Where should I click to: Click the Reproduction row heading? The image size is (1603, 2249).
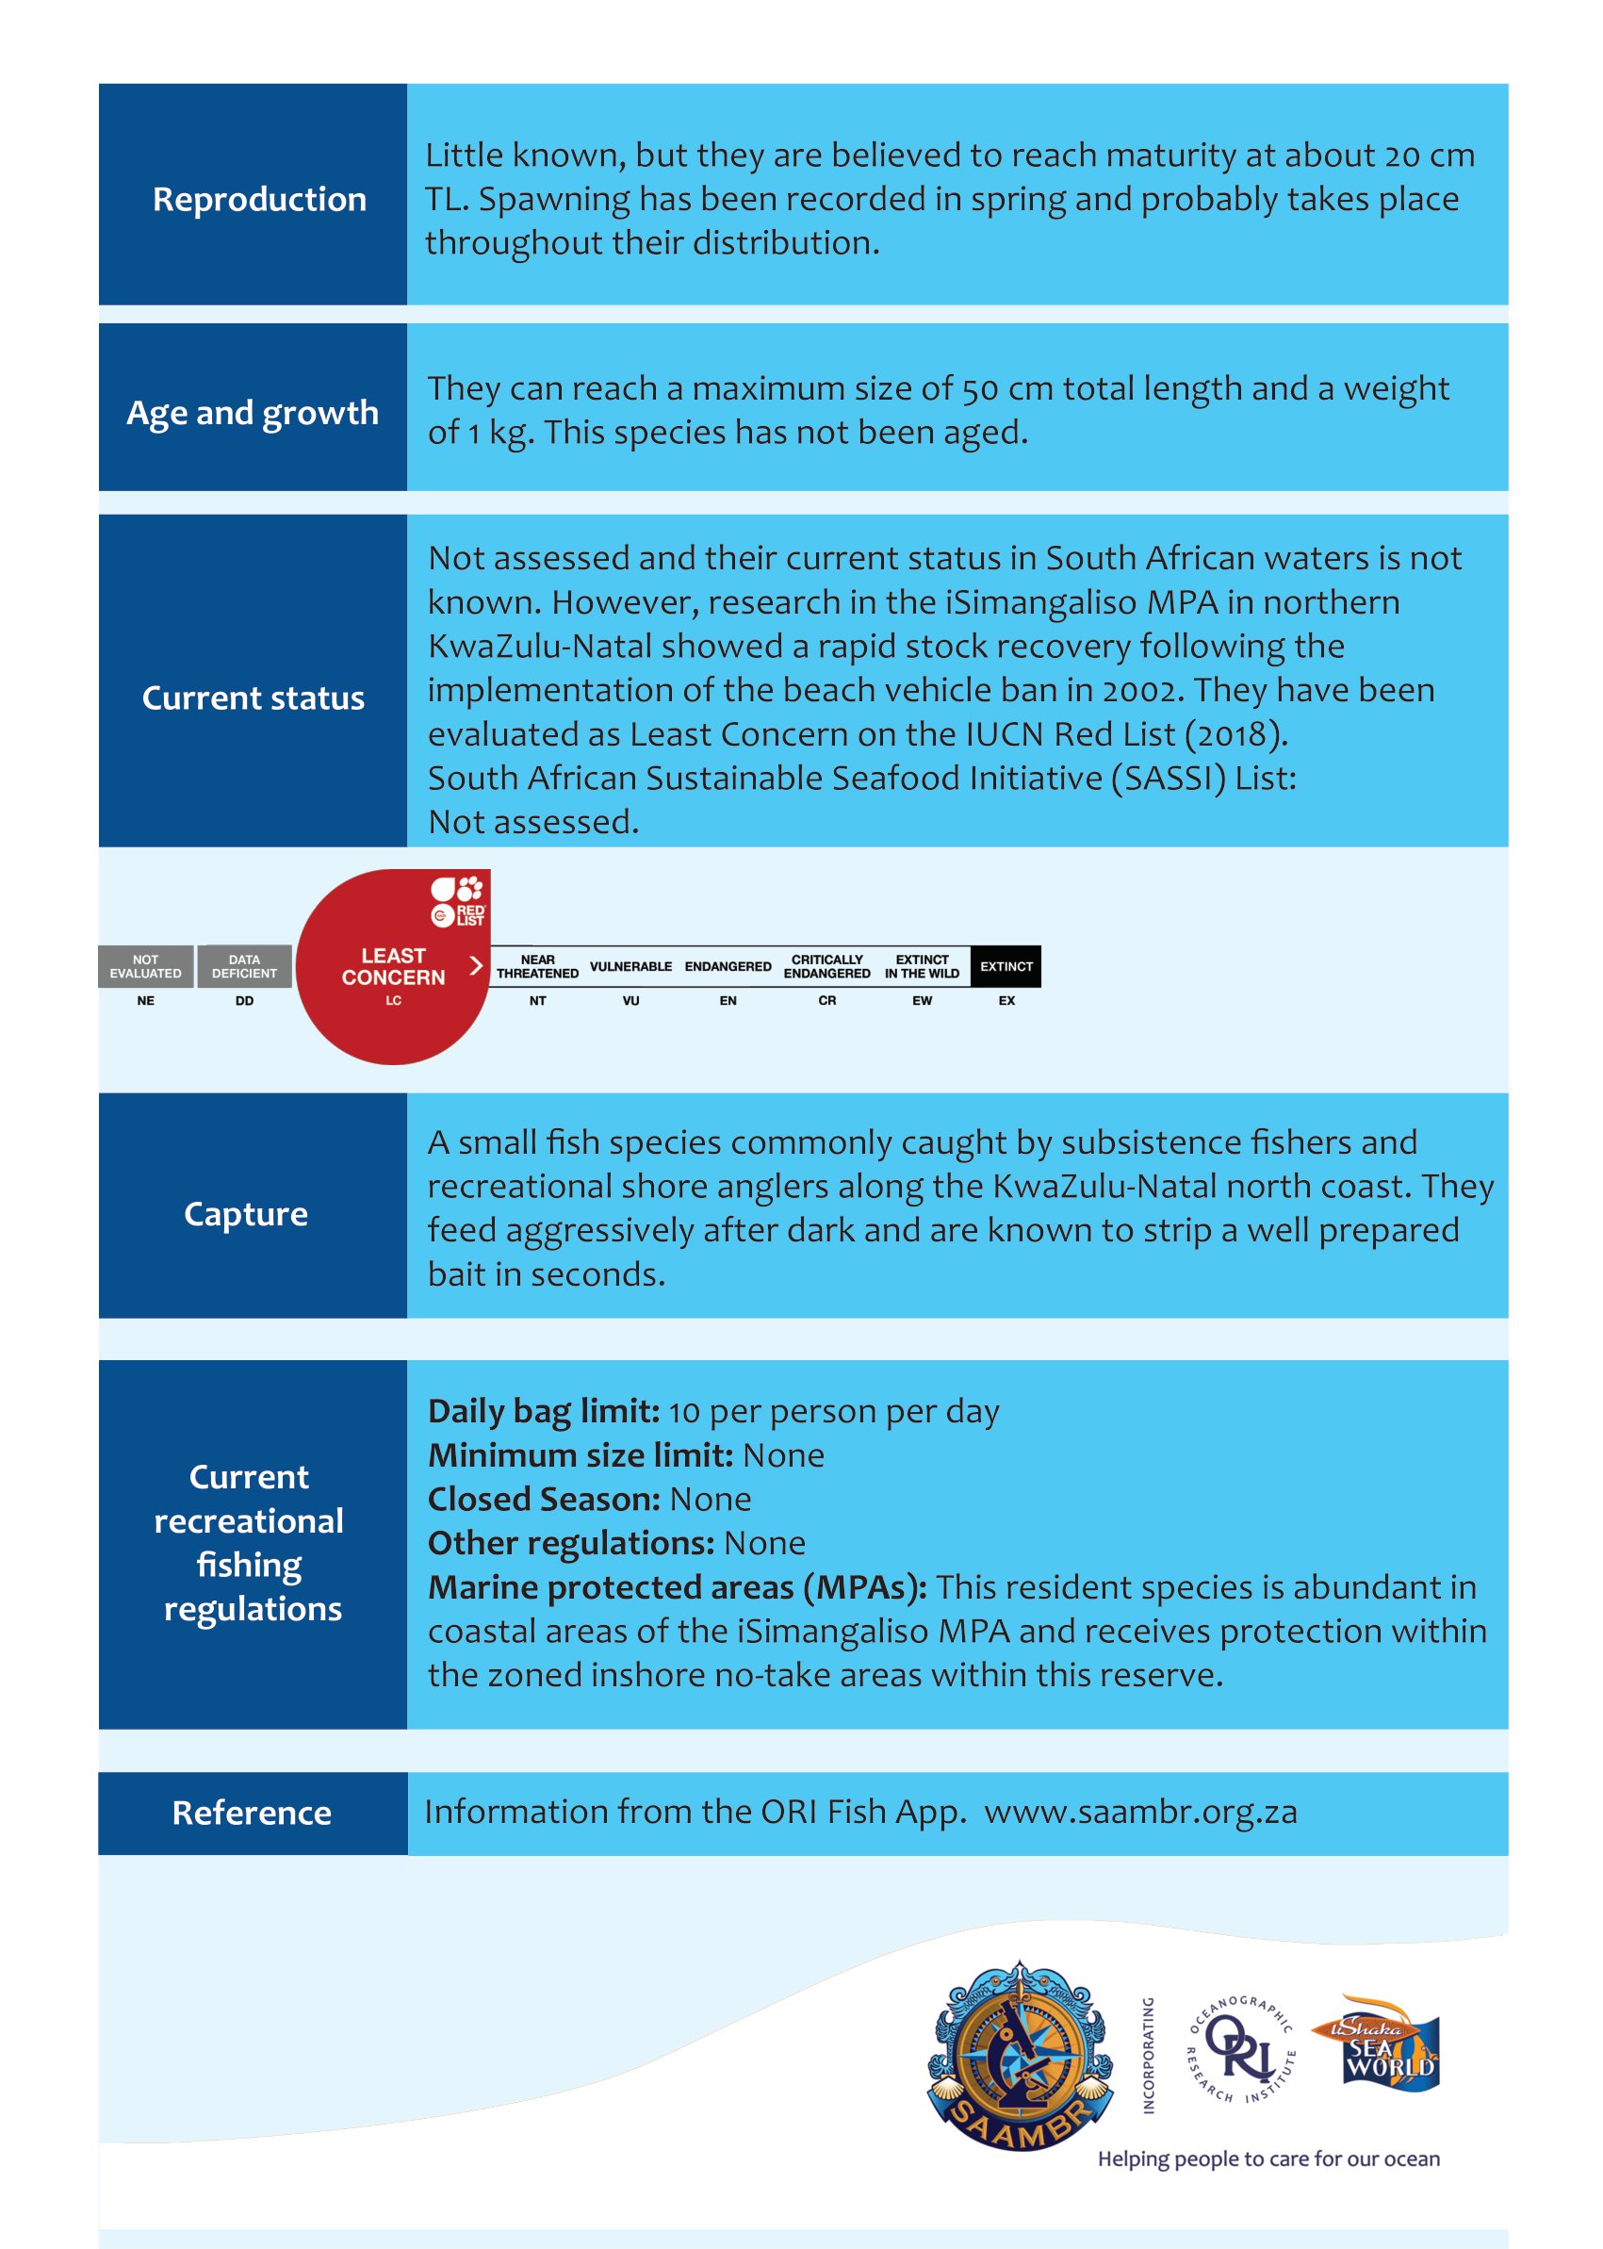258,200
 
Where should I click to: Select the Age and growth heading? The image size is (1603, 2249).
253,413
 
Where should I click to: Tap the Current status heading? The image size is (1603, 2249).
253,698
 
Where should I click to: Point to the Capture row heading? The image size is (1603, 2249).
246,1213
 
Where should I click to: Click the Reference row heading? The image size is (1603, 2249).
252,1813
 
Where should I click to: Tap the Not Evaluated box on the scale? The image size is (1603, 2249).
145,965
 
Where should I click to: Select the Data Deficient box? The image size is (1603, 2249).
244,965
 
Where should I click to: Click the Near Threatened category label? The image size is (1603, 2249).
537,965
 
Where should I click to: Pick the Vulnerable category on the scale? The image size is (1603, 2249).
630,965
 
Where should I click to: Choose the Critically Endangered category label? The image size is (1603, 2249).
826,965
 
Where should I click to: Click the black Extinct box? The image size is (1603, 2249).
1006,965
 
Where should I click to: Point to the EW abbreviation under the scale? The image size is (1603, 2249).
922,1000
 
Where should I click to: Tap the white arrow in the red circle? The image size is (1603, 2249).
476,964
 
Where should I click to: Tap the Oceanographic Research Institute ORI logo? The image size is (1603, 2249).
1241,2049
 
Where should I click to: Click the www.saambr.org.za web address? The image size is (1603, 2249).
1140,1813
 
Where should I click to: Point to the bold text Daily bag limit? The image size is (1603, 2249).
544,1412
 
